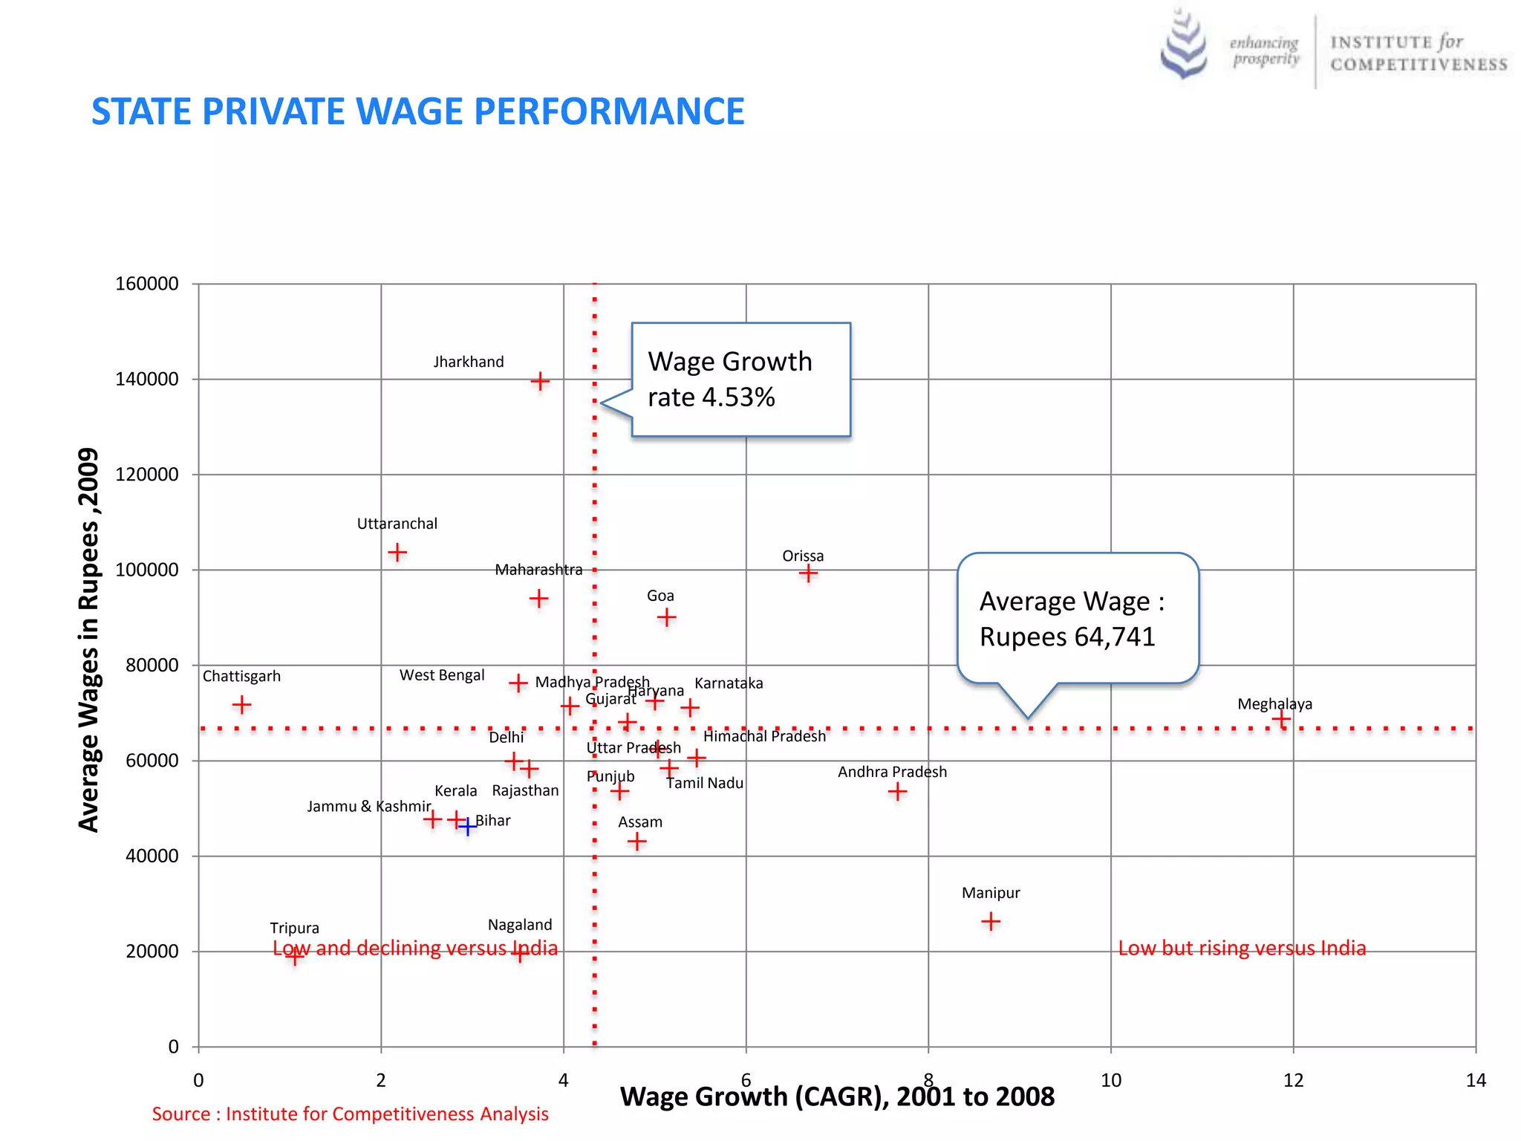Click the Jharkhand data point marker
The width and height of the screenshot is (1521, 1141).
(540, 382)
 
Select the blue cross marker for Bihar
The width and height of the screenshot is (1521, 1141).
(467, 826)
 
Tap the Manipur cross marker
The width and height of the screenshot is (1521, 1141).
(991, 922)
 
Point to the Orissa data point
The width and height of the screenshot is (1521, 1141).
(808, 573)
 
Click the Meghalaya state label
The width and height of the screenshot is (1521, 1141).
(1274, 704)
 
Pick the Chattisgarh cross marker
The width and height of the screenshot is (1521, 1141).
(241, 704)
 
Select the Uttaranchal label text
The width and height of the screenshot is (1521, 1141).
(397, 524)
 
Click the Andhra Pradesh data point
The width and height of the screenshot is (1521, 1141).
(897, 792)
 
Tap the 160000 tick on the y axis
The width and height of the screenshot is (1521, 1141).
(147, 284)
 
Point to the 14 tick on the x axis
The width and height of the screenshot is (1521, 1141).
(1476, 1081)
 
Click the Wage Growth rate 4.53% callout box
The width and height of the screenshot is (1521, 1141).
(740, 380)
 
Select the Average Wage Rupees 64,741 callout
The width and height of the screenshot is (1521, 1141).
(1078, 618)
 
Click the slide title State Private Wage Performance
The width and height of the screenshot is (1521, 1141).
(417, 112)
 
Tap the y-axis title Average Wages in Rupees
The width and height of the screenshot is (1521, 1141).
(88, 640)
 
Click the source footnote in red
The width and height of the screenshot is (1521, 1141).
(350, 1114)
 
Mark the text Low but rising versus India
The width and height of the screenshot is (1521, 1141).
(1242, 949)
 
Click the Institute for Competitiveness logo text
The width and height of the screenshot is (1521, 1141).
(1419, 53)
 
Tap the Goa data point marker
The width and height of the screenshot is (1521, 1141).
(666, 617)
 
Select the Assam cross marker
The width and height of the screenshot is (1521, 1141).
(636, 842)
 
